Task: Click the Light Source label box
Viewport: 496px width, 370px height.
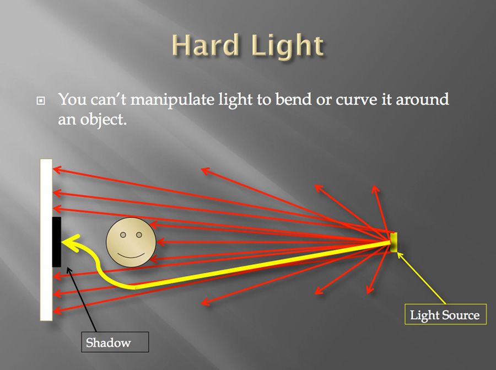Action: click(445, 315)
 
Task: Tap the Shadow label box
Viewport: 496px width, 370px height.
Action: click(109, 342)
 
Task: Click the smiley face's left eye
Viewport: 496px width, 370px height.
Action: click(123, 234)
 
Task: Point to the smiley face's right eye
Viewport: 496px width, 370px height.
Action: click(138, 234)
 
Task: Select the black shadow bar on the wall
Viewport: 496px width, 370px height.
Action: click(56, 242)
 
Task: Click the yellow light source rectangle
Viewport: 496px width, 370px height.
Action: click(393, 242)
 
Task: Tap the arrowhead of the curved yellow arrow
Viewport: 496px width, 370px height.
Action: click(67, 241)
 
